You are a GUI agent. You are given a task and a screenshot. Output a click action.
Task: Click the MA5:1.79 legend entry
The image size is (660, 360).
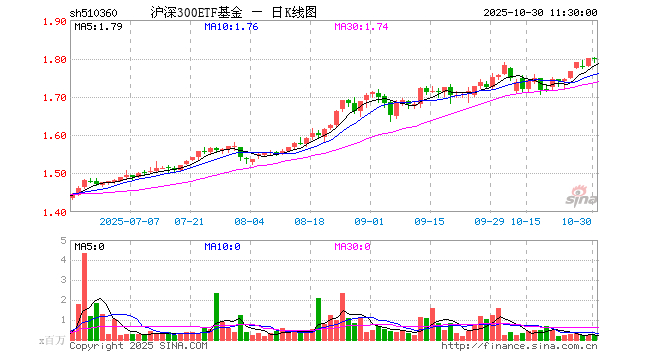[x=98, y=27]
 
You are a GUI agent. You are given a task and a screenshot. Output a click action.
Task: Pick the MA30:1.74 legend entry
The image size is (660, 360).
[x=361, y=27]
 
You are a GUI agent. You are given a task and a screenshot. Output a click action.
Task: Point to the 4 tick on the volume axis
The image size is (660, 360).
[x=63, y=259]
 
